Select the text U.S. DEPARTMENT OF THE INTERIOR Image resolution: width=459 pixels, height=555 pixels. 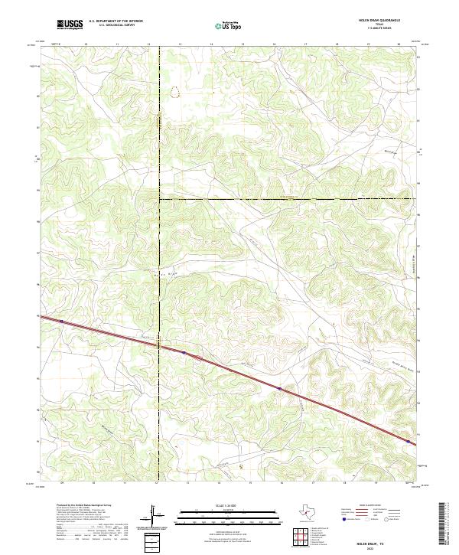pyautogui.click(x=116, y=22)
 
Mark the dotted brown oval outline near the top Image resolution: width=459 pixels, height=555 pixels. pyautogui.click(x=176, y=92)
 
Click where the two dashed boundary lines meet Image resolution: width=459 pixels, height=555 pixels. pyautogui.click(x=159, y=199)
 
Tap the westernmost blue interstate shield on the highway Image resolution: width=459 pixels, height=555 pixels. pyautogui.click(x=184, y=352)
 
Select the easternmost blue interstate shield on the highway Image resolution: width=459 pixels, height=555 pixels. pyautogui.click(x=409, y=442)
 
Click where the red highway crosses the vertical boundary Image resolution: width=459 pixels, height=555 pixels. pyautogui.click(x=159, y=344)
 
